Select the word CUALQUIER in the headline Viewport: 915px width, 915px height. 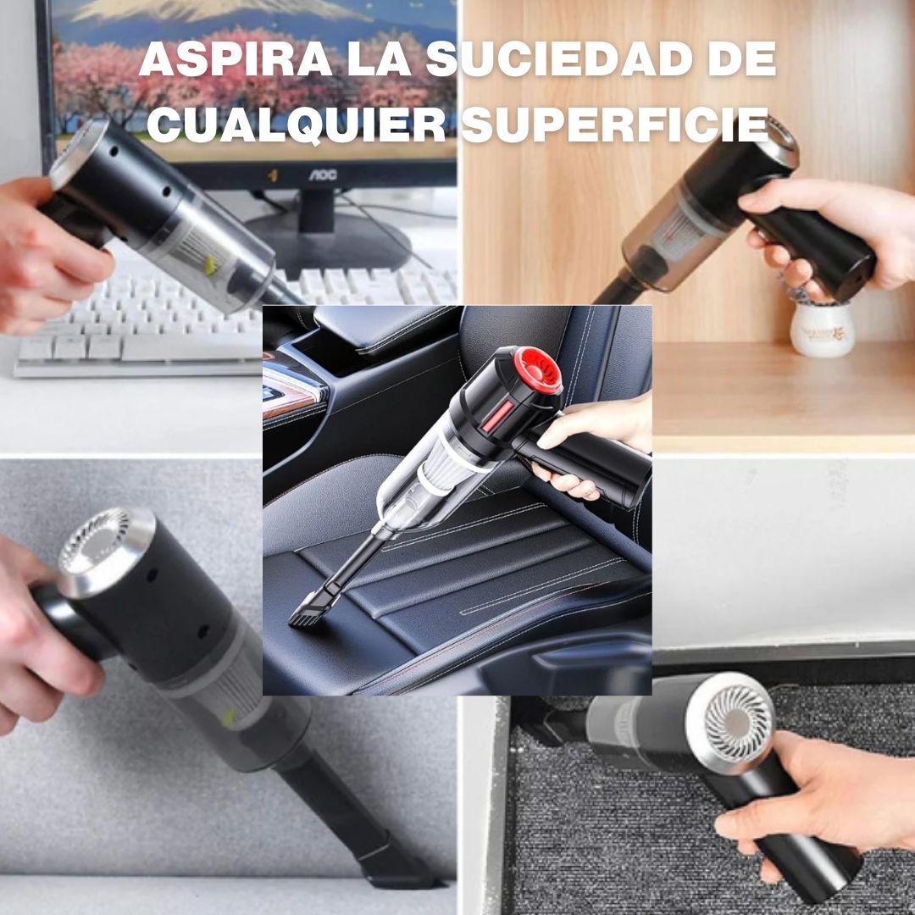(x=297, y=124)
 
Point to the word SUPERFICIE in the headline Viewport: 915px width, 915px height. (x=615, y=124)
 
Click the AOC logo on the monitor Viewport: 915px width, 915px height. (x=323, y=175)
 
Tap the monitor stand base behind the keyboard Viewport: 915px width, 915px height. (x=327, y=238)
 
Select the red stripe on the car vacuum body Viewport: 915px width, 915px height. (x=497, y=416)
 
